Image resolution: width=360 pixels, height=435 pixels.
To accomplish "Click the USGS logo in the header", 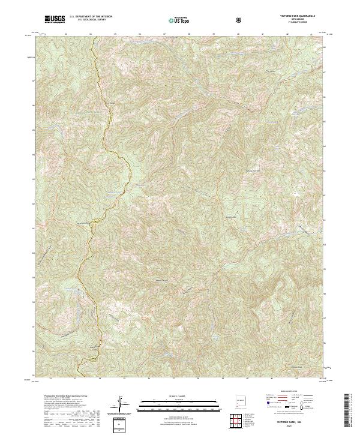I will [x=55, y=19].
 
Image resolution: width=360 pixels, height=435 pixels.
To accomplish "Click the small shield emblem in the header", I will [x=240, y=20].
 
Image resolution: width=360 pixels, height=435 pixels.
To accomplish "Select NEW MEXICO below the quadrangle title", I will [x=296, y=20].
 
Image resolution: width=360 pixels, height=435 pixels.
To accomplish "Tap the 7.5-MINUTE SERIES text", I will [x=296, y=23].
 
